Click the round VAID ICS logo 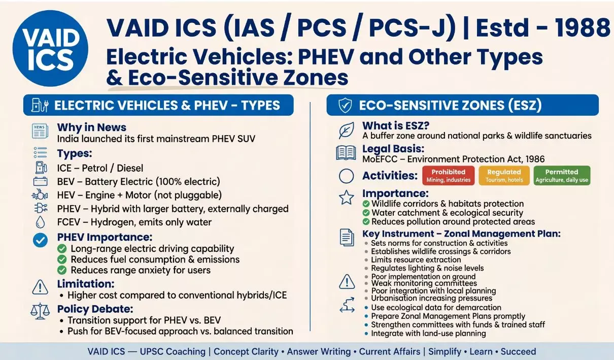[50, 49]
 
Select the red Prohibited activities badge [449, 176]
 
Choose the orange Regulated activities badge [504, 176]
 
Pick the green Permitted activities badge [562, 176]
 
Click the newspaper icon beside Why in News [40, 131]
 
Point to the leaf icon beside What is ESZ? [346, 130]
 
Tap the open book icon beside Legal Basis [346, 153]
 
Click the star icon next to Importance [347, 198]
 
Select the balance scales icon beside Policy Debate [40, 311]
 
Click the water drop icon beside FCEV [40, 222]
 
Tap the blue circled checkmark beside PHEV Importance [40, 240]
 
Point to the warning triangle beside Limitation [40, 287]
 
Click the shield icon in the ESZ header [345, 105]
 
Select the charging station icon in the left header [40, 105]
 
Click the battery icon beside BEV [40, 181]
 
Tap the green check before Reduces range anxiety [62, 270]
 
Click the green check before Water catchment [366, 213]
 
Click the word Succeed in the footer [518, 351]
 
